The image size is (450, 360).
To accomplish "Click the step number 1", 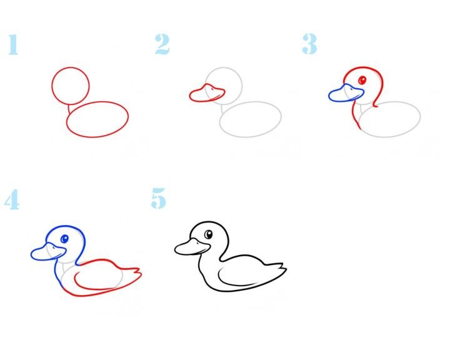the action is click(13, 44).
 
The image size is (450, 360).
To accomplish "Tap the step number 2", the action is click(162, 44).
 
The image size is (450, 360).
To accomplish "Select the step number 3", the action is click(309, 44).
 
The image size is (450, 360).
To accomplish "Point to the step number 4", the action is click(12, 199).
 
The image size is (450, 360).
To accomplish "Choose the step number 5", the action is click(158, 198).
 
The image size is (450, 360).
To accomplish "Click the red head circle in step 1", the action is click(52, 86).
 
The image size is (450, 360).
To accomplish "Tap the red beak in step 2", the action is click(207, 93).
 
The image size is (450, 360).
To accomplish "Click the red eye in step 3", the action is click(362, 80).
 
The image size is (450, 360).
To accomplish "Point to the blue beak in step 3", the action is click(346, 93).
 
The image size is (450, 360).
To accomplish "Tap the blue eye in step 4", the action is click(64, 239).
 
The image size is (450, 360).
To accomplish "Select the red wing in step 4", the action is click(75, 279).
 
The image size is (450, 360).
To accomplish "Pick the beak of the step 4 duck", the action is click(48, 252).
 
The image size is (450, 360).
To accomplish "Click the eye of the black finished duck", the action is click(208, 234).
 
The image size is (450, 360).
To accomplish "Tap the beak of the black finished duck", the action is click(192, 247).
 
